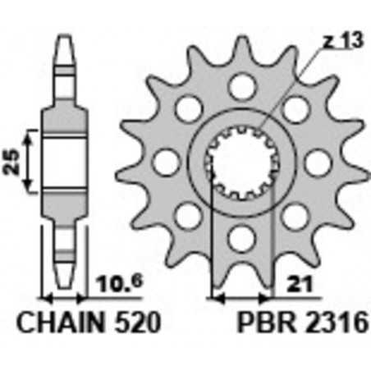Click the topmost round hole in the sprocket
(240, 85)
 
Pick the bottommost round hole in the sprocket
(240, 238)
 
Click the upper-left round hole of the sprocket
(189, 108)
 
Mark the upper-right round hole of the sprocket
(294, 108)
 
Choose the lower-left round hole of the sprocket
(189, 216)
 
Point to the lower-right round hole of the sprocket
(294, 216)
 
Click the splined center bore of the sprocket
(240, 162)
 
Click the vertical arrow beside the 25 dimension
(30, 160)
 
